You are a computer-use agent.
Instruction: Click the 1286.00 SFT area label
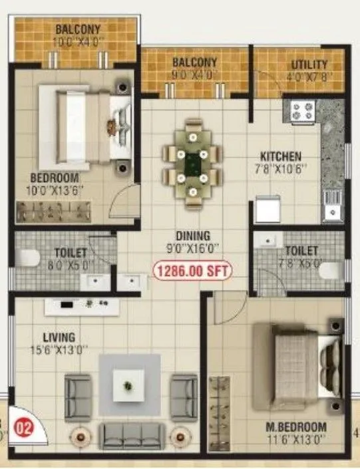click(191, 271)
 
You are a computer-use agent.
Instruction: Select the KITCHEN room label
click(280, 157)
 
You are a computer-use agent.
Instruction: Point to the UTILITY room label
click(309, 65)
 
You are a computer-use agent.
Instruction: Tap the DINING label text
click(194, 235)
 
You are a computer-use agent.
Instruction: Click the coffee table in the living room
click(129, 385)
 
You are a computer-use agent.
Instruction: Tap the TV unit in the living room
click(82, 307)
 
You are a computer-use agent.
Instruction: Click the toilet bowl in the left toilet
click(25, 259)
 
